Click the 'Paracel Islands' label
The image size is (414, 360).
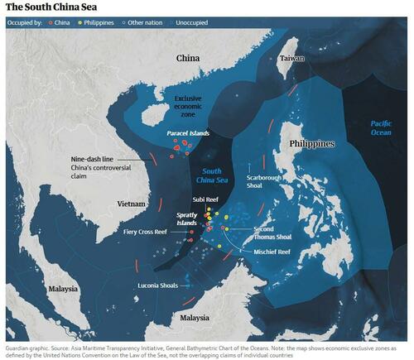click(185, 132)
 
